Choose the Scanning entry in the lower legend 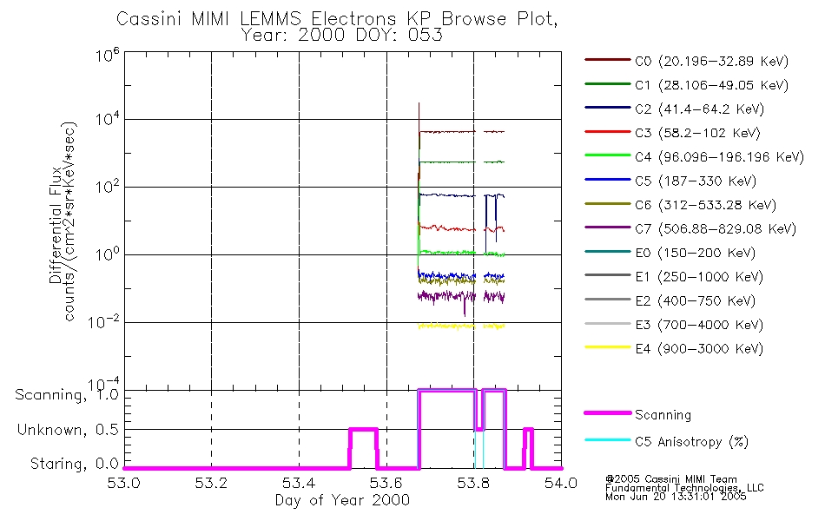(x=663, y=415)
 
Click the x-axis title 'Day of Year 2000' (x=342, y=501)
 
